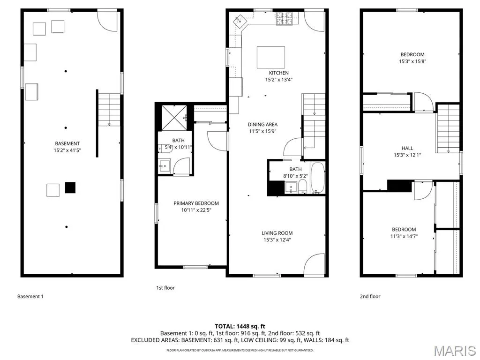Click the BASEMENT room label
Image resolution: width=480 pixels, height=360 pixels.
67,143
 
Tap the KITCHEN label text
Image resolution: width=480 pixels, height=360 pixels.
278,73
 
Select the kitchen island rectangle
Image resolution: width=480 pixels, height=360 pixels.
270,57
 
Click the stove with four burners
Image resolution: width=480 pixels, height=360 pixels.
284,19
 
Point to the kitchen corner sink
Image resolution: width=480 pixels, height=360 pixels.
240,21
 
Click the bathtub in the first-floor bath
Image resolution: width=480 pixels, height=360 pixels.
317,178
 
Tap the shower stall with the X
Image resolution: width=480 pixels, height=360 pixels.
174,118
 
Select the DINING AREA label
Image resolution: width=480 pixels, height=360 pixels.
262,124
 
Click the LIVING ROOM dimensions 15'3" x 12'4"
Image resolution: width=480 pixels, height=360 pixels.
277,240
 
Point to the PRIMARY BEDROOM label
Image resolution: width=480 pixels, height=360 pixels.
196,203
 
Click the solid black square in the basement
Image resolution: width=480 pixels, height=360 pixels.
70,187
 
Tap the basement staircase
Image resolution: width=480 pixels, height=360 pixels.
109,110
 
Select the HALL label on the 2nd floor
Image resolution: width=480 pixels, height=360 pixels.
407,148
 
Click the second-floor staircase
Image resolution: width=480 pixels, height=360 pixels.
448,128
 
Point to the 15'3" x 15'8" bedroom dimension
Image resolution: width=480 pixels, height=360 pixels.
412,61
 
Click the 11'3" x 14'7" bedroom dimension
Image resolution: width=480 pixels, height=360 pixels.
404,236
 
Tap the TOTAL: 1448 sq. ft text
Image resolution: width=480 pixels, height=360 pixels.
240,326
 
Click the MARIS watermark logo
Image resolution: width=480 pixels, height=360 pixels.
455,351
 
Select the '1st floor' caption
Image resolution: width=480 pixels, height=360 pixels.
165,288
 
